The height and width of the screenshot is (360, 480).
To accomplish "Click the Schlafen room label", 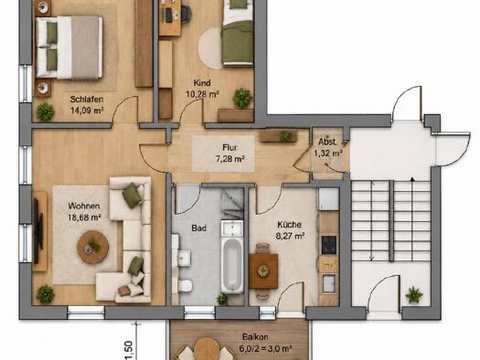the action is pos(87,99).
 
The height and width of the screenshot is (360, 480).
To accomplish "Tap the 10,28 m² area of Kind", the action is pos(202,94).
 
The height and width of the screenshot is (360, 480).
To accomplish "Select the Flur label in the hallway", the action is pos(229,148).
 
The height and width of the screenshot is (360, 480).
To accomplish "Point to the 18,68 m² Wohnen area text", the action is pos(85,217).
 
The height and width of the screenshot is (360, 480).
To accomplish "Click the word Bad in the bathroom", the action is pos(198,228).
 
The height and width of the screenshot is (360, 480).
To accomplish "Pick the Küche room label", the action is pos(289,225).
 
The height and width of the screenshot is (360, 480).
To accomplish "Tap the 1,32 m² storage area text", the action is pos(327,154).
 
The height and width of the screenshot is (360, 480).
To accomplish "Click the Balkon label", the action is pos(255,337).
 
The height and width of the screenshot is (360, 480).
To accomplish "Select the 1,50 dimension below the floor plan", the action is pos(129,350).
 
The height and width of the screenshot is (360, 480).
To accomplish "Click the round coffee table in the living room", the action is pos(92,247).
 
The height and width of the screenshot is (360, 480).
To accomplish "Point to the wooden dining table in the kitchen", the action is pos(263,270).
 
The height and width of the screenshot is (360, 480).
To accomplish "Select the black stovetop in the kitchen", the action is pos(329,245).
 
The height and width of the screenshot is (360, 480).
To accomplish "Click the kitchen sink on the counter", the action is pos(329,283).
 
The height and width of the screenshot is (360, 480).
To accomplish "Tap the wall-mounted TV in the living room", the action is pos(38,231).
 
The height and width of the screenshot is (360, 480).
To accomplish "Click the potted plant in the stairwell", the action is pos(414,294).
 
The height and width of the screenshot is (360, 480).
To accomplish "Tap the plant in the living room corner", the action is pos(46,294).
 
